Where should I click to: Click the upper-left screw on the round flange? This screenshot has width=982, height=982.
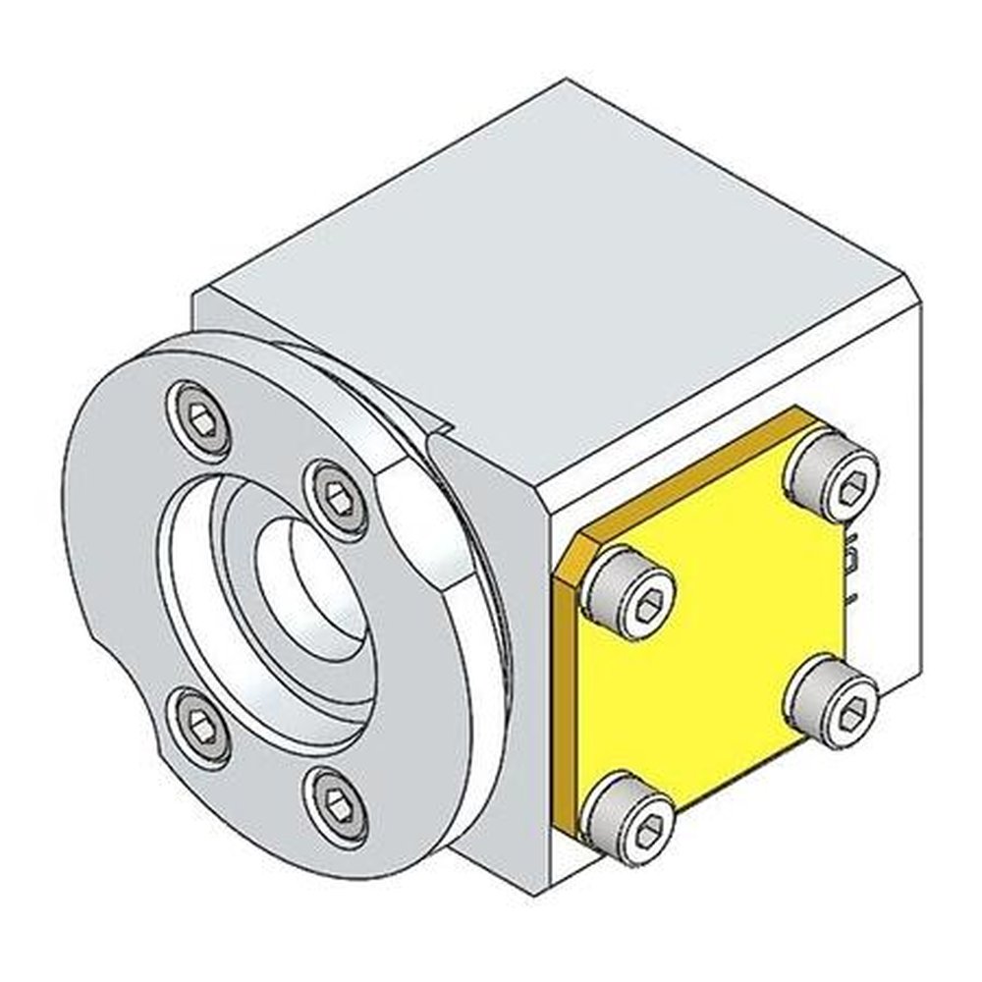[x=200, y=419]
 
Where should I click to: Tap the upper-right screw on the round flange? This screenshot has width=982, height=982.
[x=337, y=498]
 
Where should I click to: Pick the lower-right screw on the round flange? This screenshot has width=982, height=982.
[x=337, y=804]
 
